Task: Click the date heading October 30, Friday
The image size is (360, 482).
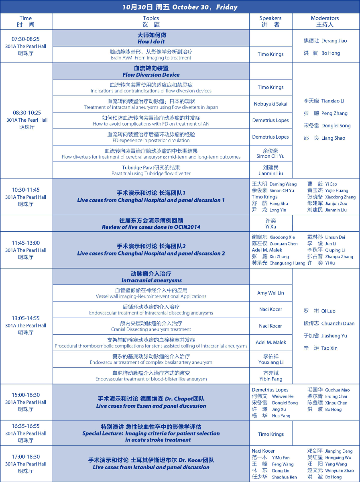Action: click(180, 7)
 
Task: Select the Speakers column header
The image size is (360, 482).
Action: click(271, 21)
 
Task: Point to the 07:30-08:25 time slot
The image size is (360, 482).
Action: click(26, 39)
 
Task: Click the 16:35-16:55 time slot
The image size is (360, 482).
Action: click(26, 426)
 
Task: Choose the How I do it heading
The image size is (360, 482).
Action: click(151, 39)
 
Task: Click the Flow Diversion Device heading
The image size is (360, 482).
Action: click(151, 71)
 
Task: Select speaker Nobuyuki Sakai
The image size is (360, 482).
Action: click(271, 104)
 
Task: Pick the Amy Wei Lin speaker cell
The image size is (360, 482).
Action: click(271, 293)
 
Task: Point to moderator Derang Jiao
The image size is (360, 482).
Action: click(325, 41)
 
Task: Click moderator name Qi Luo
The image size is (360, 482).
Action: click(319, 311)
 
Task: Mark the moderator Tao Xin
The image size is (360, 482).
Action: click(320, 349)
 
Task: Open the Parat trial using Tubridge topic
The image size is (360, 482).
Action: click(151, 170)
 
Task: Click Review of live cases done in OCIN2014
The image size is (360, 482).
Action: click(151, 224)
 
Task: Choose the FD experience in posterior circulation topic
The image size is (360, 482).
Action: click(151, 137)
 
